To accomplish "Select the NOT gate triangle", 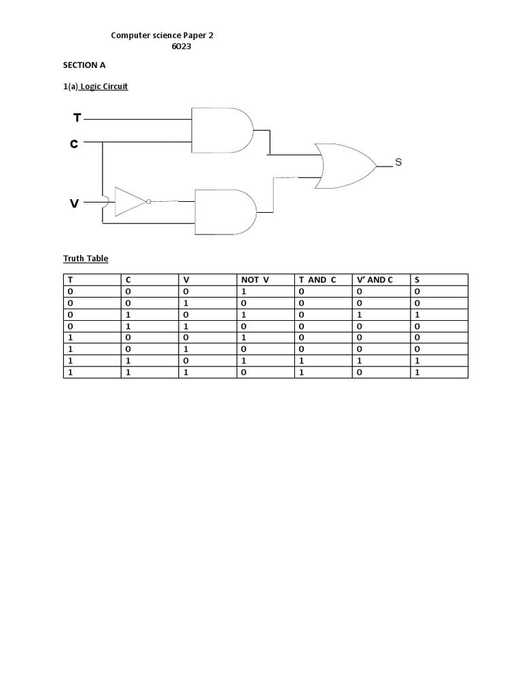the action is (x=130, y=201).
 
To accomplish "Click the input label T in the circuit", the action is (x=77, y=118).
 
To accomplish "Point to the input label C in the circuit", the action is (x=74, y=143).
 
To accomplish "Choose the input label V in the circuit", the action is (x=75, y=203).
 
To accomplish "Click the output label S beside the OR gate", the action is (x=398, y=162).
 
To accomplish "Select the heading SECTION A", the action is (x=84, y=65).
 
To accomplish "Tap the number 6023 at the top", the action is (x=181, y=47).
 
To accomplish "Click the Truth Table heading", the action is (x=86, y=258).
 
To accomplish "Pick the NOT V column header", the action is (x=255, y=280).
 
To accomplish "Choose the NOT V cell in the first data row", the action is (x=243, y=292).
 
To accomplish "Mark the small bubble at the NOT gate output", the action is (x=148, y=201).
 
